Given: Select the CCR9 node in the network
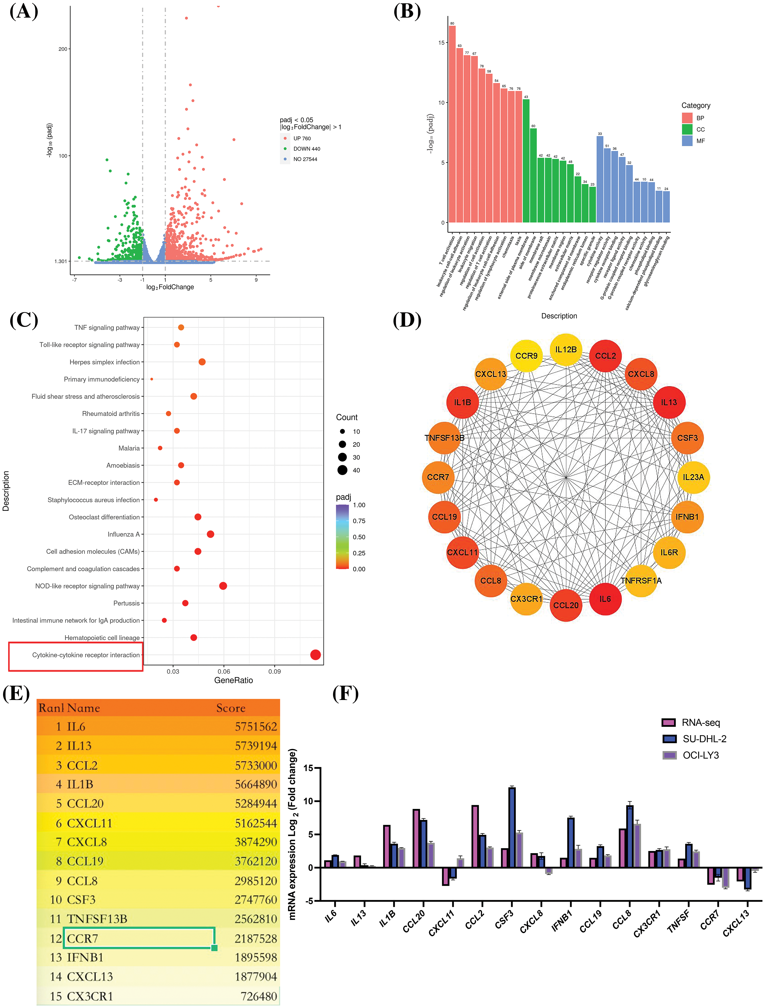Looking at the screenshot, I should pos(526,356).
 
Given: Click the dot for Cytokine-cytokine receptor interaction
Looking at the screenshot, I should pos(315,655).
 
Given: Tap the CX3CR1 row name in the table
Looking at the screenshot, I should pos(90,996).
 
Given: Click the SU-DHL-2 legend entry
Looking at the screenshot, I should pos(704,739).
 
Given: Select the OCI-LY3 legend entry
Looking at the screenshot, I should pos(700,755).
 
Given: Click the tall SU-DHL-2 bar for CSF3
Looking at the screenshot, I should pos(512,827).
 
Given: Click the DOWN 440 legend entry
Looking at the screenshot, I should pos(307,149).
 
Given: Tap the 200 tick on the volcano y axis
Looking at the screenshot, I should pos(63,49).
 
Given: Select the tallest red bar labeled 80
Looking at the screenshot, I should pos(452,123).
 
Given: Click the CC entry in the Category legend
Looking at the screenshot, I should pos(700,129).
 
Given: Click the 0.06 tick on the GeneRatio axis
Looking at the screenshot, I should pos(224,671).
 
